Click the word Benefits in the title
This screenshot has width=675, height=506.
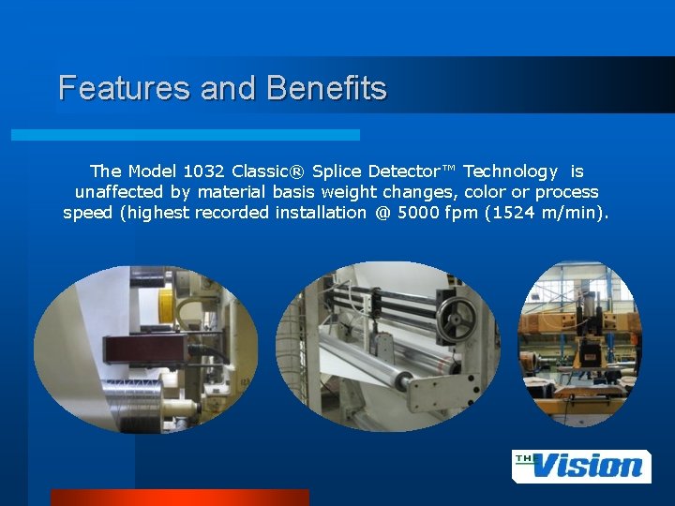click(x=326, y=88)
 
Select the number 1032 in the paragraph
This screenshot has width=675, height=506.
click(x=203, y=171)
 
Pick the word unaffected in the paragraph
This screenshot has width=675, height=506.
click(x=119, y=191)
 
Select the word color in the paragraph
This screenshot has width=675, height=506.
click(x=484, y=191)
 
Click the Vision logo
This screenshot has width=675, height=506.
click(x=581, y=466)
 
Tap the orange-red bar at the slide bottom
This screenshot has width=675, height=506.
click(x=179, y=497)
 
